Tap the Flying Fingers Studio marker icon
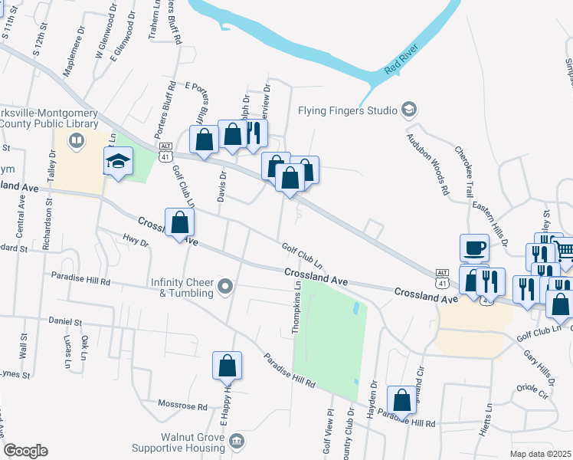(409, 110)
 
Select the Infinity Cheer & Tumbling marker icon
(224, 288)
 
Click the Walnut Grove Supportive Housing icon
(237, 442)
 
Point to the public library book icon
(76, 140)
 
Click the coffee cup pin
(474, 248)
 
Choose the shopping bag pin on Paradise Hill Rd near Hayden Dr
(401, 399)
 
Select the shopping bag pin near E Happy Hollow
(228, 366)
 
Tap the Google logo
(25, 451)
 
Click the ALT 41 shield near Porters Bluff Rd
(164, 151)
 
